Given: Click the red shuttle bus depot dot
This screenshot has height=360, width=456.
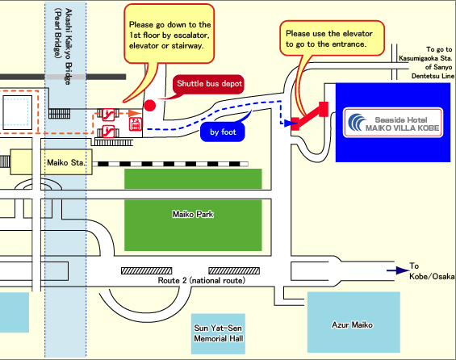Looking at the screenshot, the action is point(150,105).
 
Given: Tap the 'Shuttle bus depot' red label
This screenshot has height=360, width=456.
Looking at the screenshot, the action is point(209,84).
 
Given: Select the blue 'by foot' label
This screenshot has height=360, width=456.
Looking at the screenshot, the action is point(223,132).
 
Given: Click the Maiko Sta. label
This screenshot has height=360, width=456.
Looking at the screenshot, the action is point(66,162).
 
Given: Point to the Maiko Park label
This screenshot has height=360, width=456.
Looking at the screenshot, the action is point(193,215).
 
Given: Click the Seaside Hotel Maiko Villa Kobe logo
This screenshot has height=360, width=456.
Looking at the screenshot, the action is point(393,123).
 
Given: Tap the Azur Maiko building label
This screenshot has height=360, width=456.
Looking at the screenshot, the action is point(352,324).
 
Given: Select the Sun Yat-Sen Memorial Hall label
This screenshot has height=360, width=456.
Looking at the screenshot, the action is point(219,333).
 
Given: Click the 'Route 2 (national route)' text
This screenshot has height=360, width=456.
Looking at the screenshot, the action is point(202,280).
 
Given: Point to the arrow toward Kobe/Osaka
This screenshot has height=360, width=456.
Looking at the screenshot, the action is point(398,270).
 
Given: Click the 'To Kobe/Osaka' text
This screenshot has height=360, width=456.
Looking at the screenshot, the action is point(432,271).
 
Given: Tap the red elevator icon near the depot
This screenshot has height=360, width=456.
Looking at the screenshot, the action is point(136,124).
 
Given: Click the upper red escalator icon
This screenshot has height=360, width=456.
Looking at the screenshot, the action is point(108,115).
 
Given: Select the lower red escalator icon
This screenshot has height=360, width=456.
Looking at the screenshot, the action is point(108,132).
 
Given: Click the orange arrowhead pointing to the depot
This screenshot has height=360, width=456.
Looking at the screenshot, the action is point(134,113).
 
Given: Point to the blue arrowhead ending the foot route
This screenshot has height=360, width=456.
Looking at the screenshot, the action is point(288,123).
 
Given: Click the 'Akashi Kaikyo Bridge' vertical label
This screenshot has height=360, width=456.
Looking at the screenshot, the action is point(68,47).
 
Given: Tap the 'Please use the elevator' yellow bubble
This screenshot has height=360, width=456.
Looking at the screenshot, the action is point(332,39).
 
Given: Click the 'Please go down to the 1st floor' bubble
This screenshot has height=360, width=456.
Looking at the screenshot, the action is point(169,34).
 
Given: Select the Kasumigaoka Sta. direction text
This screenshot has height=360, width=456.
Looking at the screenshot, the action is point(426,62).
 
